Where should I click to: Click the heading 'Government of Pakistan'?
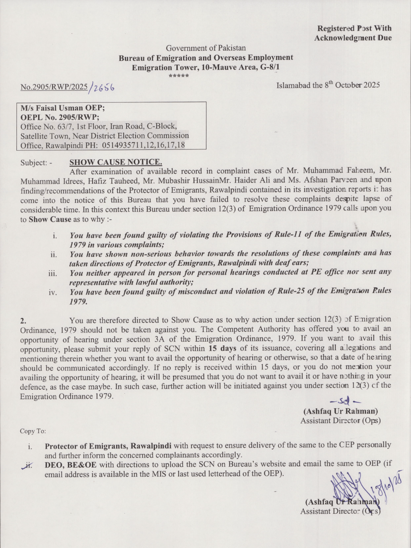[x=205, y=48]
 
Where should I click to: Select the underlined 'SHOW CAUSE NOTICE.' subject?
[x=116, y=162]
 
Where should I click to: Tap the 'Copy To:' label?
[x=33, y=431]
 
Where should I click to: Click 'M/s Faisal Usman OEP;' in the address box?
[x=59, y=108]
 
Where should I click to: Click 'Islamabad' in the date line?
[x=293, y=85]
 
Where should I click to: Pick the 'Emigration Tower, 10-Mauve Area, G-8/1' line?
[x=205, y=67]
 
